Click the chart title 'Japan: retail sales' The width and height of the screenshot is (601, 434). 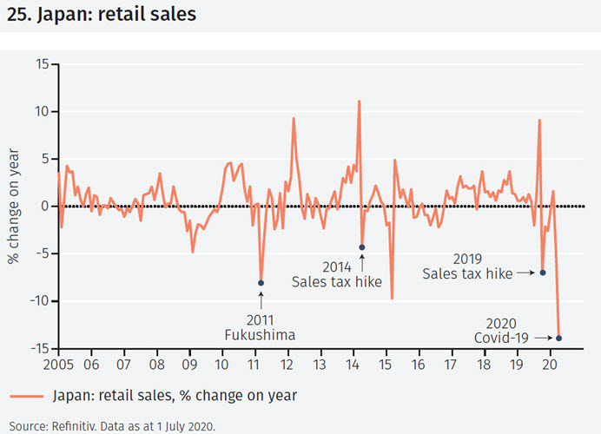[113, 15]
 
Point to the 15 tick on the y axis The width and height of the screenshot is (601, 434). [42, 63]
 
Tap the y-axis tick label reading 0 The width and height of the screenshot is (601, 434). [45, 207]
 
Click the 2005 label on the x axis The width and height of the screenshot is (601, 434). [58, 365]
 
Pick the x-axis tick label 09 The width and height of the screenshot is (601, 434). [189, 365]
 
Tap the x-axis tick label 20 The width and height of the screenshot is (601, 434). [550, 365]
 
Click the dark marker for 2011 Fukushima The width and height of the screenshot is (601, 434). [261, 283]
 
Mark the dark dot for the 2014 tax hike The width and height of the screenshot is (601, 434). [362, 247]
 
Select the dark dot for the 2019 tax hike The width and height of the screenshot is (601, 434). [543, 273]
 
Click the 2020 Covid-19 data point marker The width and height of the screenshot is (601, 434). [558, 338]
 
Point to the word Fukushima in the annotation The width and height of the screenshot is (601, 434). [261, 335]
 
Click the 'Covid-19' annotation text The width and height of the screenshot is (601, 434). [503, 338]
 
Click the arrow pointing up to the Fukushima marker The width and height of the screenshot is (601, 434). [261, 298]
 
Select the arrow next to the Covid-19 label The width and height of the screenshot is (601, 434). [544, 338]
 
